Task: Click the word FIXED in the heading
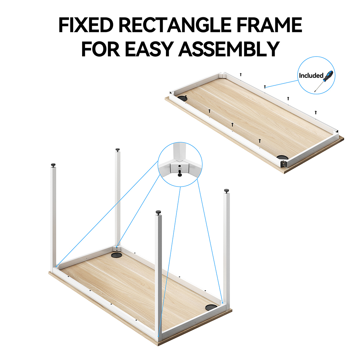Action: point(86,25)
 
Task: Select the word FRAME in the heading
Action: point(269,25)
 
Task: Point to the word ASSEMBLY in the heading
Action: point(229,49)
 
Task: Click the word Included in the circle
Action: point(311,75)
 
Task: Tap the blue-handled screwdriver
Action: point(324,81)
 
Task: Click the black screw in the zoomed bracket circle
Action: point(180,173)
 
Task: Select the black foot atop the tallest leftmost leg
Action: point(53,165)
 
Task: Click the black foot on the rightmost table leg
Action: point(226,191)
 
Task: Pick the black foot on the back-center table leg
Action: point(118,150)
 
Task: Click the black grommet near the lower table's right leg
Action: point(211,307)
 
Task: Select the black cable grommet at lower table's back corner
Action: point(117,255)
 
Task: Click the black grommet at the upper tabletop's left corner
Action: point(183,98)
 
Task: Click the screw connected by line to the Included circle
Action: point(265,86)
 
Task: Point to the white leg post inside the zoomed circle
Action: point(178,151)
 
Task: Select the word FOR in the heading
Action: point(100,49)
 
